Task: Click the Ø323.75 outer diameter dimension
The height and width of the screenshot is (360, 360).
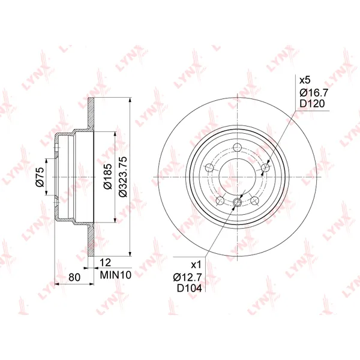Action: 123,177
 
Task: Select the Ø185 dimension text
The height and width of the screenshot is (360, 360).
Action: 107,176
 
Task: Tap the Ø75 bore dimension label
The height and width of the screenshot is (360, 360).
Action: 40,177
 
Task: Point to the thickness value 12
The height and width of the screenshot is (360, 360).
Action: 106,263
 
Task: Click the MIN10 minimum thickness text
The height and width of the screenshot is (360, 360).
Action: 115,275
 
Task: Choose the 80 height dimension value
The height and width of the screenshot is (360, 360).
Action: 74,277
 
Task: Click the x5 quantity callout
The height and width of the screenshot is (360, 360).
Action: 305,80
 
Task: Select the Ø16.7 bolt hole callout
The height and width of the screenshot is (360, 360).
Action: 314,92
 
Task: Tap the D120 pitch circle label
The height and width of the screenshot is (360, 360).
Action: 312,104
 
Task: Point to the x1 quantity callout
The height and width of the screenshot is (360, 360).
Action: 196,265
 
